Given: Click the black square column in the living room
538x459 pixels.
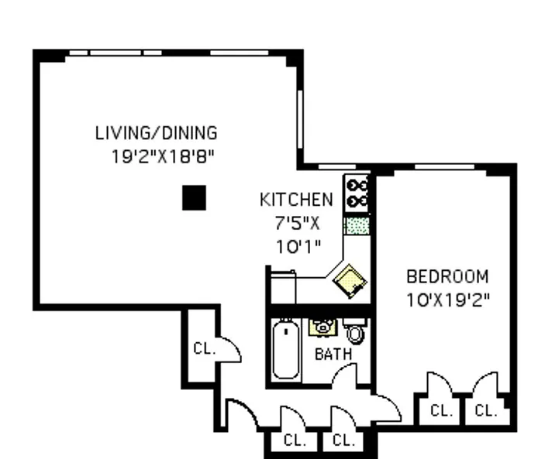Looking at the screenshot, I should coord(194,198).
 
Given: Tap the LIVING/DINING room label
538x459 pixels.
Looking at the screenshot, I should coord(156,132).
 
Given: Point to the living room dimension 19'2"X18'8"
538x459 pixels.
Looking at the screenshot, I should coord(162,156).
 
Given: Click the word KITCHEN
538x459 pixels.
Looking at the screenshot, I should coord(296,200).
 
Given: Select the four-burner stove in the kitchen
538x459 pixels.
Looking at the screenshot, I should coord(357,193).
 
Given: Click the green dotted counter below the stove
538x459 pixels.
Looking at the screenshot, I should coord(356,225).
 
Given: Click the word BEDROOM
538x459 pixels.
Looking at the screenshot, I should coord(448,276).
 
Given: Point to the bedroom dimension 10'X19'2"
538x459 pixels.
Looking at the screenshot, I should coord(448,299).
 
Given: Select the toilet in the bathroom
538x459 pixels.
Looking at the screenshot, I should coord(355,332).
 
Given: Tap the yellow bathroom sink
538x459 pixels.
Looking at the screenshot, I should coord(322,327).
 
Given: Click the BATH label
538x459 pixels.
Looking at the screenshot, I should coord(333,354).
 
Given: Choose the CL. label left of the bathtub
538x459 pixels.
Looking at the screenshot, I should coord(204,348).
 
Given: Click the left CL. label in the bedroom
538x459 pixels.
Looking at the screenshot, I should coord(440,410).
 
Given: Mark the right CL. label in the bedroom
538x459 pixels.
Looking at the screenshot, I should coord(485,410).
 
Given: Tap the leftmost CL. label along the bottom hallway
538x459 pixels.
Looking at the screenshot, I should coord(295,440).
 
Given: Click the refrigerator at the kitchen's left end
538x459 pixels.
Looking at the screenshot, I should coord(281,288).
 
